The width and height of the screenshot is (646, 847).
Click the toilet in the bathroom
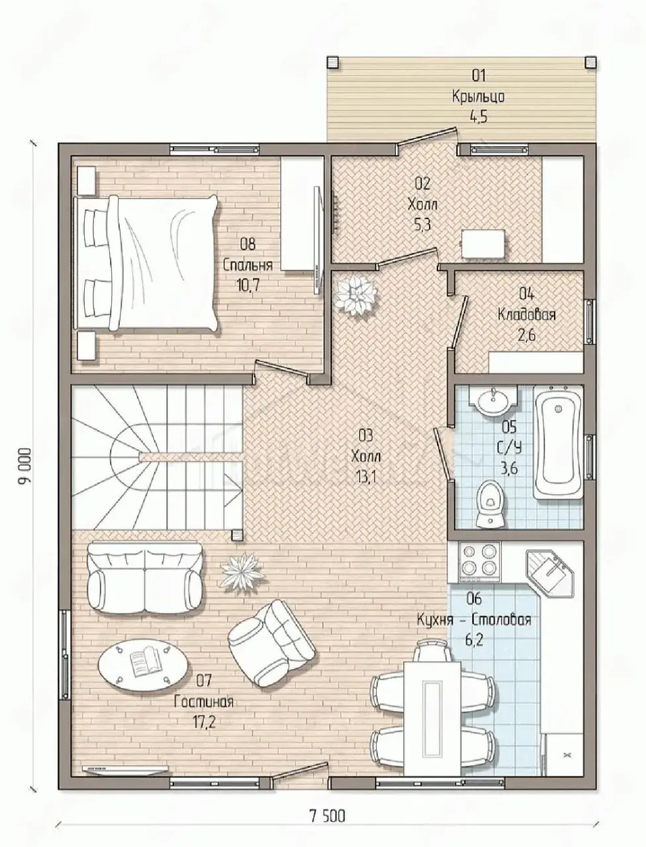tap(490, 503)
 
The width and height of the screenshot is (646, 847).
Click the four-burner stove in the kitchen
tap(479, 562)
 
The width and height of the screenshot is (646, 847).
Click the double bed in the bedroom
tap(147, 263)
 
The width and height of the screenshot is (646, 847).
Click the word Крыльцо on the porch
tap(478, 97)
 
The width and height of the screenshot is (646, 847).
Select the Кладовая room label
tap(526, 314)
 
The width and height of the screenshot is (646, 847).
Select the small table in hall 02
tap(484, 245)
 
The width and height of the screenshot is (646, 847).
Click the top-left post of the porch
tap(332, 62)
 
